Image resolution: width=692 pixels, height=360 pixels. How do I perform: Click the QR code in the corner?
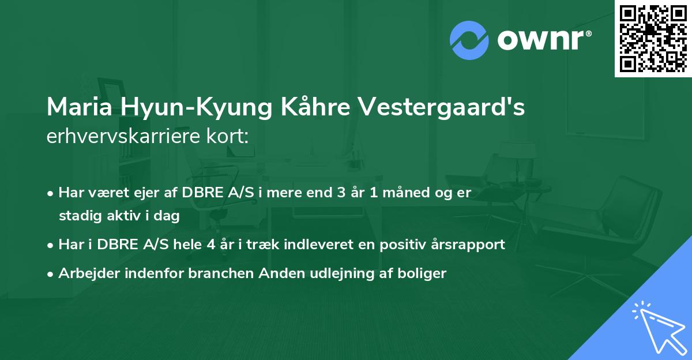[x=653, y=38]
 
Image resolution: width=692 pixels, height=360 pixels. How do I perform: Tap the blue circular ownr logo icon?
[x=469, y=40]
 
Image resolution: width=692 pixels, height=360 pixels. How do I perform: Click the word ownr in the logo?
[x=541, y=40]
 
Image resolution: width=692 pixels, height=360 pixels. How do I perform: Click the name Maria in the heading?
[x=80, y=107]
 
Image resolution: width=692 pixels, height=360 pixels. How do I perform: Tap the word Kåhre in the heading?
[x=315, y=106]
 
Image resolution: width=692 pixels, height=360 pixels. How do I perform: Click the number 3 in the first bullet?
[x=341, y=193]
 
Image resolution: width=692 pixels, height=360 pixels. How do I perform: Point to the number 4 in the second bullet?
[x=211, y=245]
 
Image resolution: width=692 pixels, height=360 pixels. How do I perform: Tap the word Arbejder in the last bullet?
[x=89, y=273]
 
